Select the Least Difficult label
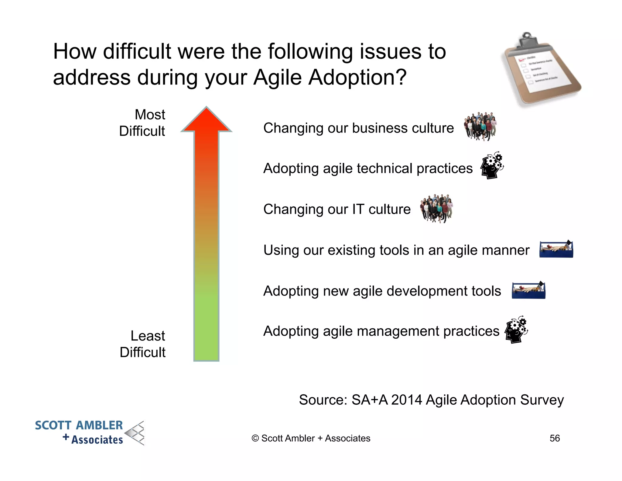(x=143, y=344)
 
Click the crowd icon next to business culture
(x=480, y=126)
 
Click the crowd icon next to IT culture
(x=436, y=208)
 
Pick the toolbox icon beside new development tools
(x=528, y=290)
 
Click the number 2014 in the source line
(x=406, y=400)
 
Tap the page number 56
(x=555, y=438)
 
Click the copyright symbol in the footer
(x=255, y=438)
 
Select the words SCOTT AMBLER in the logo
(x=79, y=425)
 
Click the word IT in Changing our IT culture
(x=358, y=209)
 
